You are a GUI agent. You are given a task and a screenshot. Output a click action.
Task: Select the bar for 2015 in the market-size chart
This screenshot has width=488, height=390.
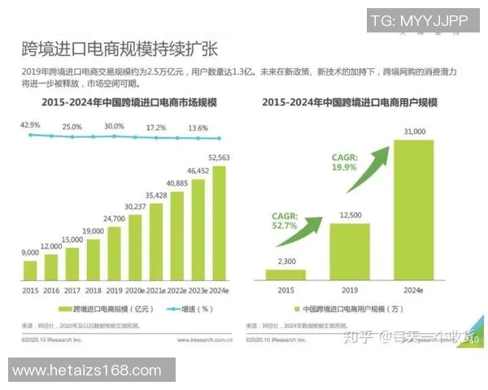coord(30,270)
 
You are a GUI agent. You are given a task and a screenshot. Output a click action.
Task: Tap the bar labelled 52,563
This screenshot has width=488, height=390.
coord(219,223)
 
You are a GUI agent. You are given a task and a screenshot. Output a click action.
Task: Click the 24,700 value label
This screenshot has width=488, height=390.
coord(114,219)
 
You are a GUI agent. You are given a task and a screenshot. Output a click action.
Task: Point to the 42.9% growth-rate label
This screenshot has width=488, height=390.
coord(30,124)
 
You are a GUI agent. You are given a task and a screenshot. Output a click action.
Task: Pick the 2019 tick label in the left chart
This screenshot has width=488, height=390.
coord(115,289)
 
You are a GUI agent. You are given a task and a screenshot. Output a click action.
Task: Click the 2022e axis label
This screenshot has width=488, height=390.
coord(177,289)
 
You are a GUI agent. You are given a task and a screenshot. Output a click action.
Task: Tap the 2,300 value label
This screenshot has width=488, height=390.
coord(285,260)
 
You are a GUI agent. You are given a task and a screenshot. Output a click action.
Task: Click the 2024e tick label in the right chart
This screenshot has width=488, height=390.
coord(414,290)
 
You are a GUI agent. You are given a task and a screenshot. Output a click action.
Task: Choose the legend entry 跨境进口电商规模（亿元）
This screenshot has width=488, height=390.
coord(102,309)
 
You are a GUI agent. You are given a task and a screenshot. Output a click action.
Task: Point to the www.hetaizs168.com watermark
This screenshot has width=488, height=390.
coord(88,370)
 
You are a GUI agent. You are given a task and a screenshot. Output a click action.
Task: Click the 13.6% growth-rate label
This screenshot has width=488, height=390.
coord(198,128)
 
